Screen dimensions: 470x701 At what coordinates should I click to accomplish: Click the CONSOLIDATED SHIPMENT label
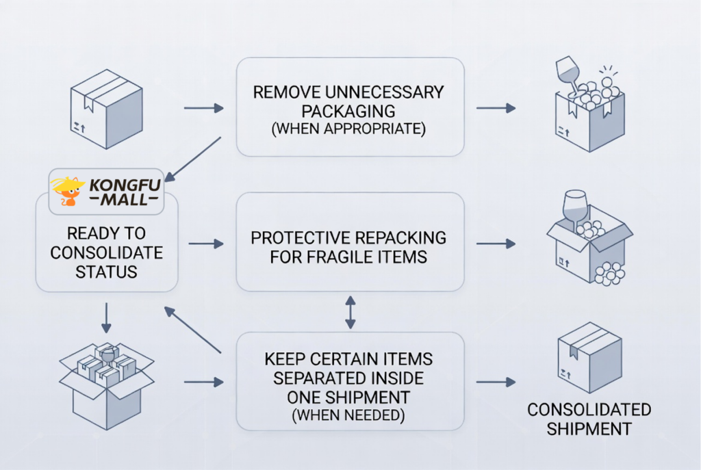coord(589,419)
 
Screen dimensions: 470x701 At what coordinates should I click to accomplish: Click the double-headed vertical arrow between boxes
coord(350,312)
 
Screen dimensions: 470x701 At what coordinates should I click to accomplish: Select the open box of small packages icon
coord(106,383)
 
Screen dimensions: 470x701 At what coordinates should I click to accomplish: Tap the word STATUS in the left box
coord(106,271)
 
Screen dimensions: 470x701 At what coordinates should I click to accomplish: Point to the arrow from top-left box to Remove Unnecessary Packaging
coord(204,108)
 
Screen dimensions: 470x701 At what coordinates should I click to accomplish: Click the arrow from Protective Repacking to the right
coord(496,244)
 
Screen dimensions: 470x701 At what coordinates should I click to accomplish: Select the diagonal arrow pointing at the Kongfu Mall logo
coord(193,159)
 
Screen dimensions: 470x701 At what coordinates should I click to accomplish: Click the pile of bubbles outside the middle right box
coord(609,274)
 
